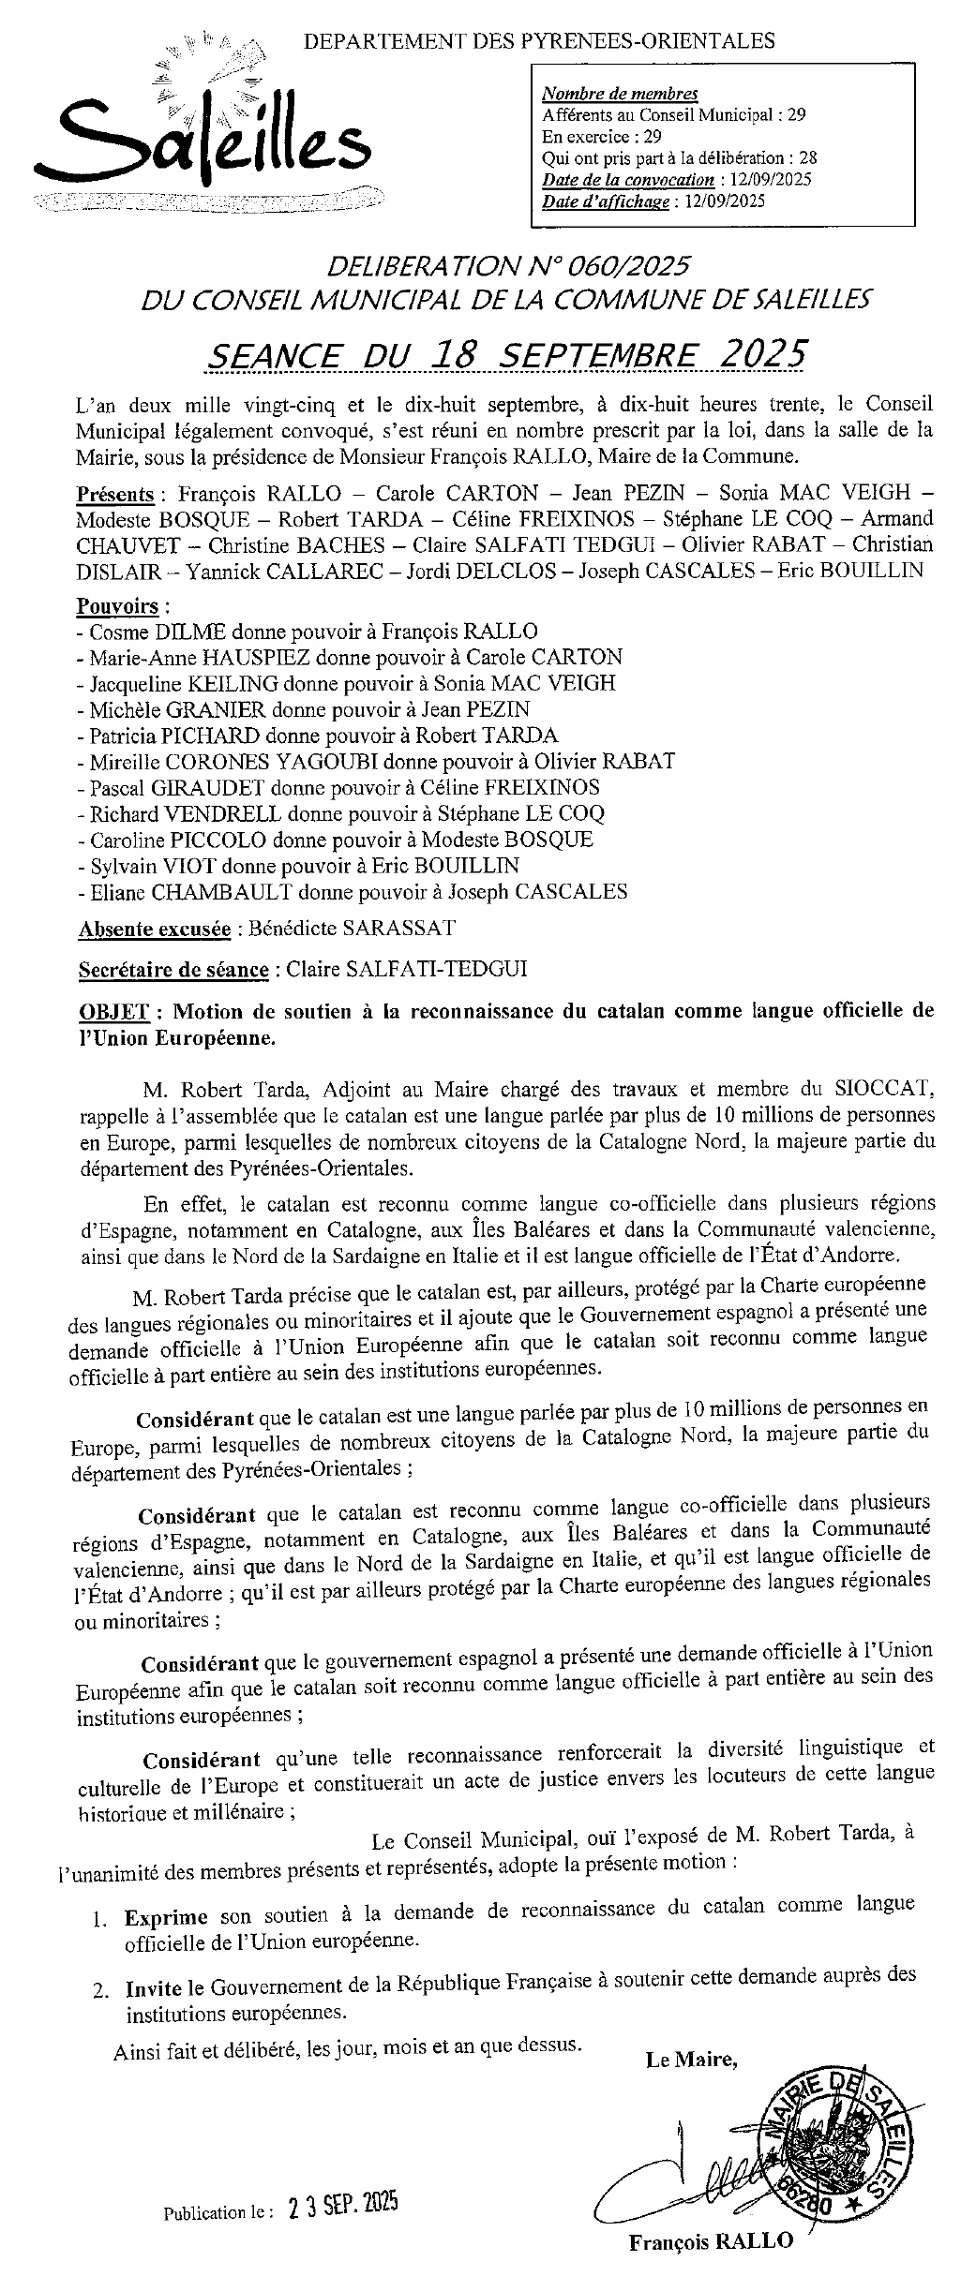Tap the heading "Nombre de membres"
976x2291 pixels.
pyautogui.click(x=620, y=94)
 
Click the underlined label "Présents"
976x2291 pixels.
pyautogui.click(x=115, y=494)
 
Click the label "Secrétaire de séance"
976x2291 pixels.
pyautogui.click(x=173, y=969)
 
